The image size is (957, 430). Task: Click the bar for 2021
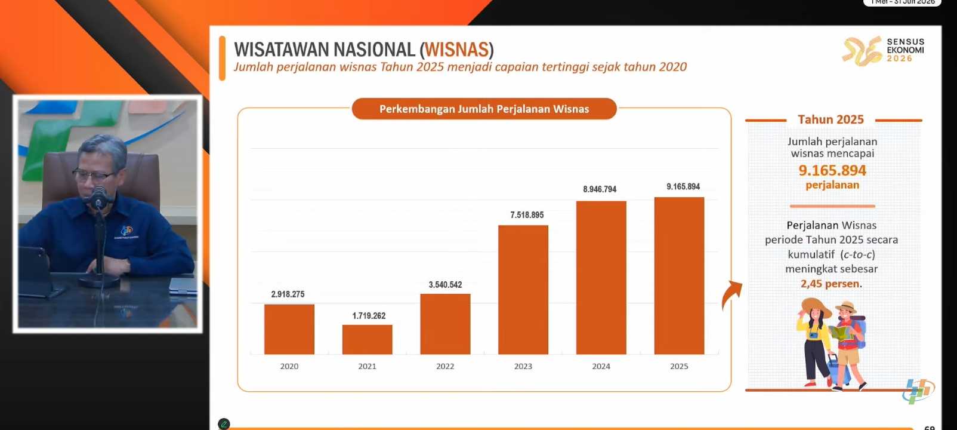[367, 339]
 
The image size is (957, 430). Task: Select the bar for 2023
[523, 290]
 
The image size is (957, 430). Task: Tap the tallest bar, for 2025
[679, 275]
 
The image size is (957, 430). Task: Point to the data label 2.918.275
[288, 294]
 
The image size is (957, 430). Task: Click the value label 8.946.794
[600, 189]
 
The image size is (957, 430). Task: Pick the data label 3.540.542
[445, 285]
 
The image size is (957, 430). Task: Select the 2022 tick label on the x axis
[445, 366]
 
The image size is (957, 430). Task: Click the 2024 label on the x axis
[601, 366]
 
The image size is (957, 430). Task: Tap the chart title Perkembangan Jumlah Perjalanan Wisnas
[484, 109]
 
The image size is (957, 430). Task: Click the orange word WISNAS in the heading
[457, 50]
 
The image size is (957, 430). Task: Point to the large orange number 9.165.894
[832, 170]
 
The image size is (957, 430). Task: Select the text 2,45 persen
[831, 284]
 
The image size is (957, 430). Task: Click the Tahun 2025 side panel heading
[831, 119]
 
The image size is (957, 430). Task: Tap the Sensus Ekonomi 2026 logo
[883, 50]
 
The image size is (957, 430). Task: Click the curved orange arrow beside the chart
[731, 294]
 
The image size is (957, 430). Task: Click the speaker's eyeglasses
[94, 175]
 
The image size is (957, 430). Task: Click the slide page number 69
[929, 427]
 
